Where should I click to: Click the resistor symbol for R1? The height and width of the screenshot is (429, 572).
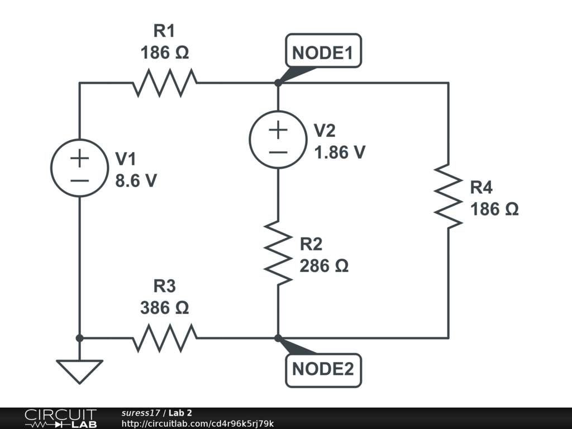click(165, 83)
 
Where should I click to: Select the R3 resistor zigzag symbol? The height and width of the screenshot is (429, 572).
click(165, 338)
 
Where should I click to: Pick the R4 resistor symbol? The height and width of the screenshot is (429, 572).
click(448, 196)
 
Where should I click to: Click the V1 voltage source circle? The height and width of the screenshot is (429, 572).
click(79, 168)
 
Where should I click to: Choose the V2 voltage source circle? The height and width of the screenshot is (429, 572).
click(278, 140)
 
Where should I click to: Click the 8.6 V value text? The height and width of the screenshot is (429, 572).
click(136, 181)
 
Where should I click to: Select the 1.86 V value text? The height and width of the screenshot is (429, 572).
click(340, 152)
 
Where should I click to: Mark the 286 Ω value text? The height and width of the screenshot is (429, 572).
click(324, 266)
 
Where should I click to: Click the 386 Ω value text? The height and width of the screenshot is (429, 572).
click(164, 308)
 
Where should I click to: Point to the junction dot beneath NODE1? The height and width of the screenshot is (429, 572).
click(278, 83)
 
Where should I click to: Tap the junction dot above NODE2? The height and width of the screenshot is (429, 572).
click(278, 338)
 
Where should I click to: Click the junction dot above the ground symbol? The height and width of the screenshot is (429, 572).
click(79, 338)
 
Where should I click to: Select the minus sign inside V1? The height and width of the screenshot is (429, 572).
click(79, 180)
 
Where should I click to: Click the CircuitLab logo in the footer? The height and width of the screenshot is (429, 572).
click(60, 418)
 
